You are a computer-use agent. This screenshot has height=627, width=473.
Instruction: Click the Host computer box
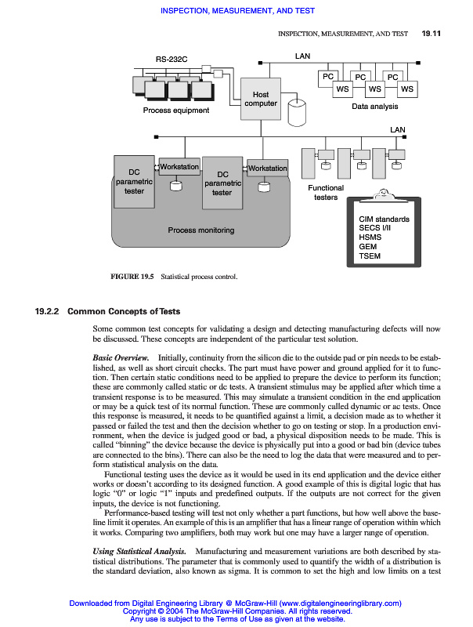click(x=261, y=98)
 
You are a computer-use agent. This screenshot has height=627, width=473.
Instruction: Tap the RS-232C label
click(x=172, y=60)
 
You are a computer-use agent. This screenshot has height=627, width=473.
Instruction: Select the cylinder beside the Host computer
click(x=297, y=114)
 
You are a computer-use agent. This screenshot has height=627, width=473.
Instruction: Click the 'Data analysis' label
click(x=374, y=106)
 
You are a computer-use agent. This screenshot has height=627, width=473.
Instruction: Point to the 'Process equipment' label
click(x=176, y=111)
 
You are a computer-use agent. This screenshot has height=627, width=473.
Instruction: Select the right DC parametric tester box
click(x=222, y=183)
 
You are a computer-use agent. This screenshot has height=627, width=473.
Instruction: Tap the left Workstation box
click(x=179, y=168)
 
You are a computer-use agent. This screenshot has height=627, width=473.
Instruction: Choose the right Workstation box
click(x=267, y=169)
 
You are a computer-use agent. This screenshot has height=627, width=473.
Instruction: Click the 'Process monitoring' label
click(x=201, y=230)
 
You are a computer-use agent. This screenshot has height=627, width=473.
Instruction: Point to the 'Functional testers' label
click(x=326, y=193)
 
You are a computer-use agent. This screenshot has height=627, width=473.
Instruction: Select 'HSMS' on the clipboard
click(x=370, y=237)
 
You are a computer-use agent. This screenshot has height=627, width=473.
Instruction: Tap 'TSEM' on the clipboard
click(x=370, y=256)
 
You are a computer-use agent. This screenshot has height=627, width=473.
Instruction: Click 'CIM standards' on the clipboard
click(x=384, y=219)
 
